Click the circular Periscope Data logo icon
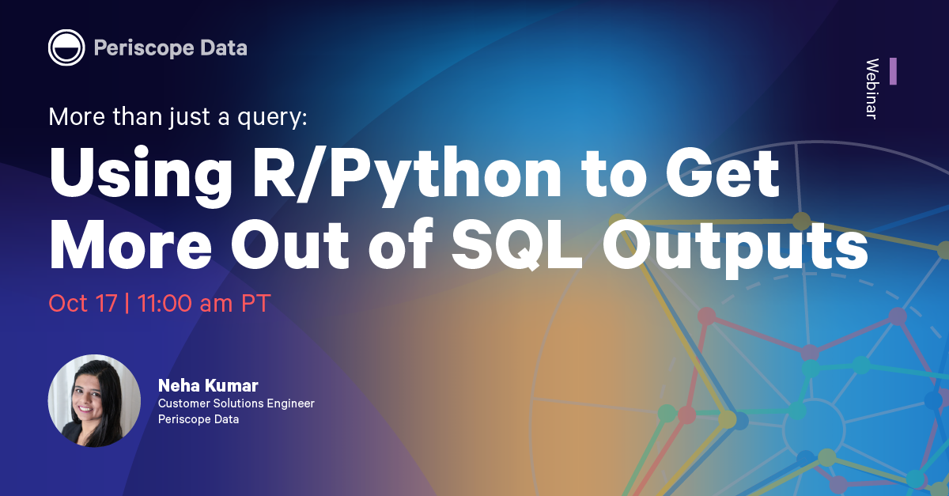pos(66,47)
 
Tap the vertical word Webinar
pos(871,89)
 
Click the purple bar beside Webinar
pos(893,71)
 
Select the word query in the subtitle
pos(272,117)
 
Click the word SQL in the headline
pos(517,245)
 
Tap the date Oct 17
pos(83,304)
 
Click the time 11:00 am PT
pos(204,304)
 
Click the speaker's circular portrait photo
pos(94,400)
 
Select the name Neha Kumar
pos(208,386)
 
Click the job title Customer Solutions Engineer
pos(236,403)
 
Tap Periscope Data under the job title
pos(198,419)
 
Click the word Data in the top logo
pos(224,47)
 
